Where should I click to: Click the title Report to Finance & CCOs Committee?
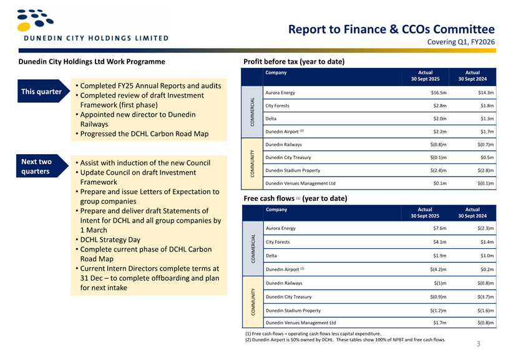coord(391,29)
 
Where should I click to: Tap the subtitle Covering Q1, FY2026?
coord(460,42)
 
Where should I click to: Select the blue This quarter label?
coord(42,92)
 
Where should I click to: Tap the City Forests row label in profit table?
coord(281,106)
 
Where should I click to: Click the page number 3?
coord(479,344)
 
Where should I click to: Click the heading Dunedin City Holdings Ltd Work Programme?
coord(92,61)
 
